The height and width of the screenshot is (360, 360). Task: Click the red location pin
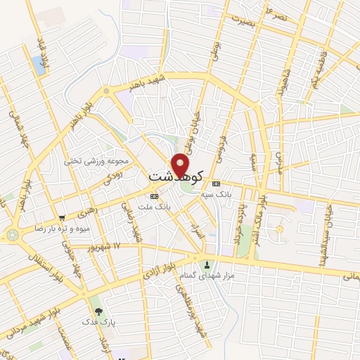[x=181, y=165]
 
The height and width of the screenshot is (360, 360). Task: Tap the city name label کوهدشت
[x=176, y=176]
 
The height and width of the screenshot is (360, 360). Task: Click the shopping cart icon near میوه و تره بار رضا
[x=62, y=218]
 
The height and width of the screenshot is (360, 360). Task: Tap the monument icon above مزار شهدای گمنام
[x=207, y=265]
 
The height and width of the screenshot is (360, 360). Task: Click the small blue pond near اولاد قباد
[x=37, y=65]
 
